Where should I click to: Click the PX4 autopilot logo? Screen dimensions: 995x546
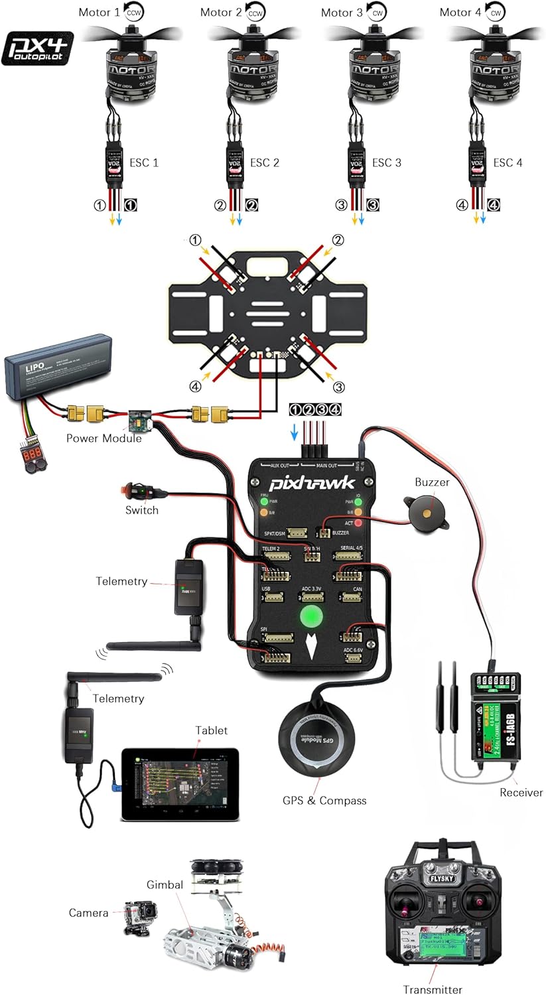point(37,48)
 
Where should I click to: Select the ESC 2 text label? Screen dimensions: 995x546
point(265,163)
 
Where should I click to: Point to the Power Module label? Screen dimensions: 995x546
point(103,438)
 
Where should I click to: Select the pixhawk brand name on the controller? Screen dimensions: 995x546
point(312,483)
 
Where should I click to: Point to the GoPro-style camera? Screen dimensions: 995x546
point(140,918)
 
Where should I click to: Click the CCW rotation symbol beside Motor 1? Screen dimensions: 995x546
point(133,12)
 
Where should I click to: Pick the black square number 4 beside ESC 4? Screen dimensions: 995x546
point(494,206)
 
